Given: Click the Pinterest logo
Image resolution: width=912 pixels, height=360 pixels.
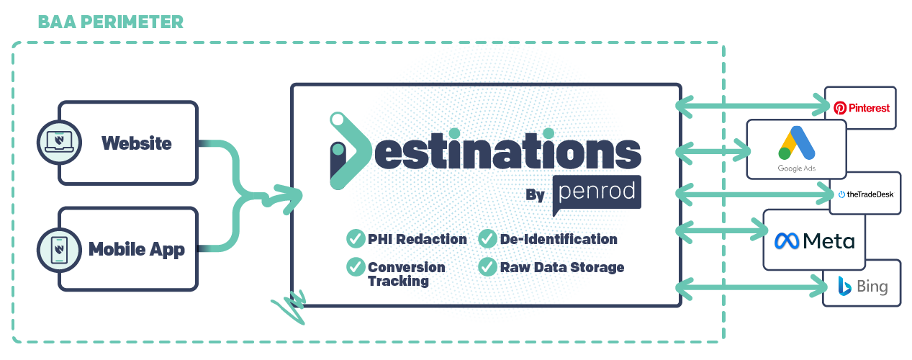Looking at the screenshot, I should (862, 108).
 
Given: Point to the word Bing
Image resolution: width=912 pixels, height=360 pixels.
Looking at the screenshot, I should (872, 288).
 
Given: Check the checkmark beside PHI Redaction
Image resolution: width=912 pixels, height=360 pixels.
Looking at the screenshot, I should (355, 238).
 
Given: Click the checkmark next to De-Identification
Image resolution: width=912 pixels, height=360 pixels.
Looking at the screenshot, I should (487, 238).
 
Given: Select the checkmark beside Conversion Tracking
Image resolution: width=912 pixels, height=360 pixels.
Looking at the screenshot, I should (355, 266).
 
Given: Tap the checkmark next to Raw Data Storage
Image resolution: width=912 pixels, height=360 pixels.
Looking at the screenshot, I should (487, 266).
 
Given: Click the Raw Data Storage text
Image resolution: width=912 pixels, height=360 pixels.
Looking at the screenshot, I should (561, 268).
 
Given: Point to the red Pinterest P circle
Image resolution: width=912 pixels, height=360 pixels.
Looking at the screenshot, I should (839, 108).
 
